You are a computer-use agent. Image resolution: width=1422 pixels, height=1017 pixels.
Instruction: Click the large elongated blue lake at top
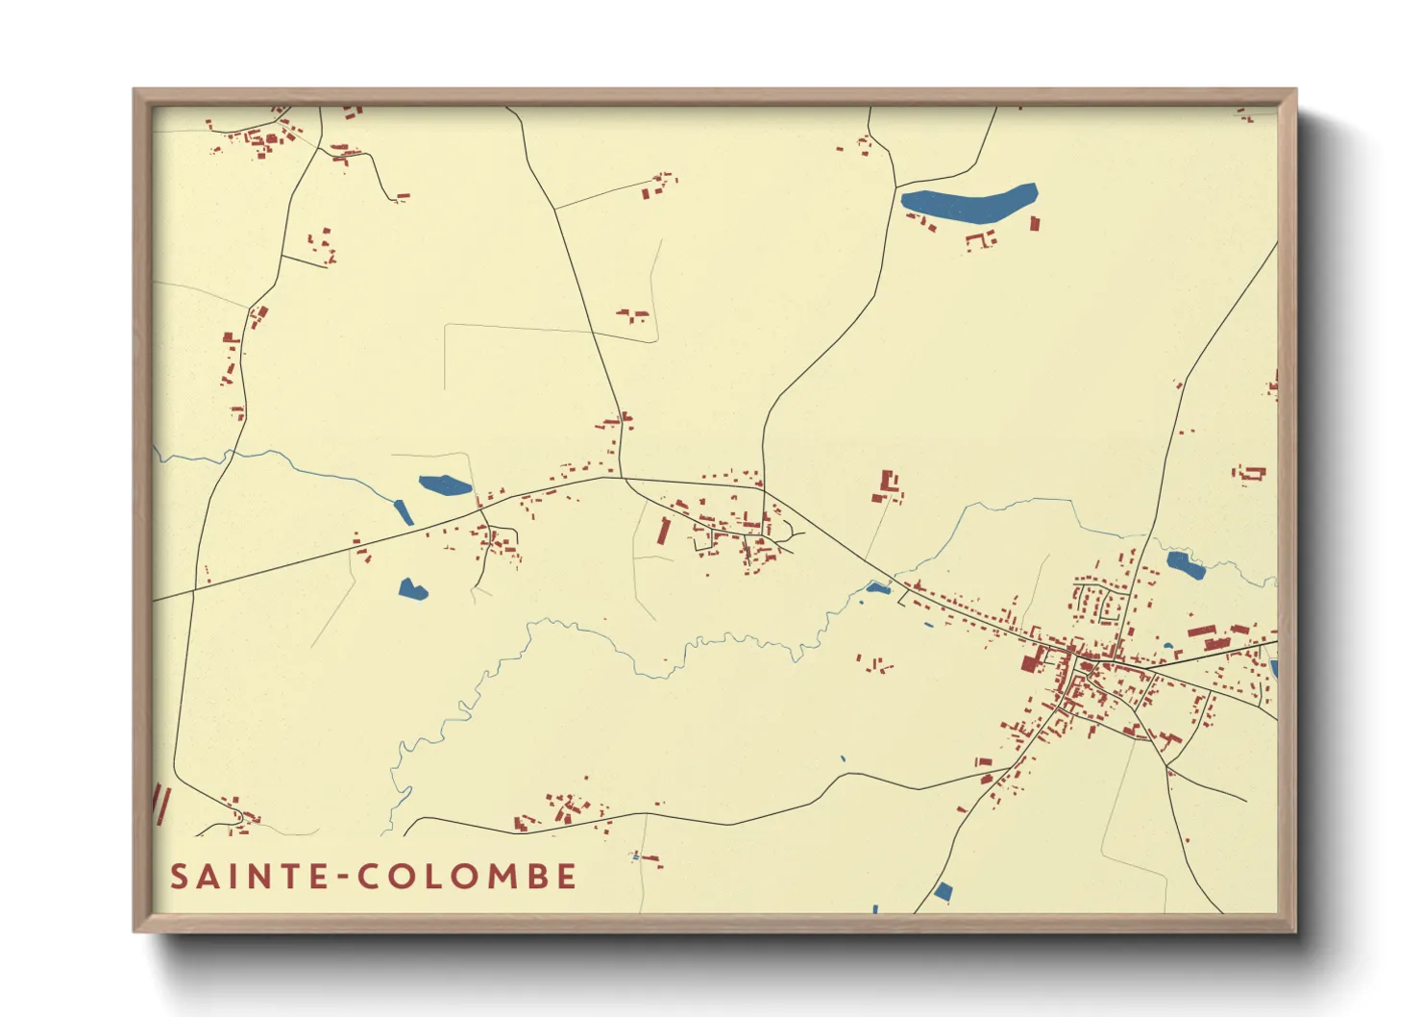coord(968,203)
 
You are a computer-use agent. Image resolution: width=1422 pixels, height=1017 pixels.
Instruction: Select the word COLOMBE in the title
coord(468,877)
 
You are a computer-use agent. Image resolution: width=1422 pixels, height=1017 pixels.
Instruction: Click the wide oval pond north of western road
coord(445,484)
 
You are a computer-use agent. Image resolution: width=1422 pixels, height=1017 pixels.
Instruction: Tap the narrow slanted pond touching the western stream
coord(404,512)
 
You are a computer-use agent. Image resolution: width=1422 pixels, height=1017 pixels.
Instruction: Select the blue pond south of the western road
coord(412,589)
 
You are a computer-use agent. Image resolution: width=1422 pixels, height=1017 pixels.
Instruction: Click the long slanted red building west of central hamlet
coord(663,531)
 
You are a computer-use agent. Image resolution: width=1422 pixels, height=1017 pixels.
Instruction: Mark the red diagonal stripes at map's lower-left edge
coord(160,804)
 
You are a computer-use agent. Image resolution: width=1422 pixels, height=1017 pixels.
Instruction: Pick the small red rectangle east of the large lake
coord(1035,223)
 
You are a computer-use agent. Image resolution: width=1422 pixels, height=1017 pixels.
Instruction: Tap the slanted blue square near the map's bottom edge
coord(943,892)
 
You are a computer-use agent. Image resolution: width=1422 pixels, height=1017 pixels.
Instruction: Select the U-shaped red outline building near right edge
coord(1251,472)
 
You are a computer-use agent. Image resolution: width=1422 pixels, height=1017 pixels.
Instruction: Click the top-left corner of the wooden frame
coord(135,91)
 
